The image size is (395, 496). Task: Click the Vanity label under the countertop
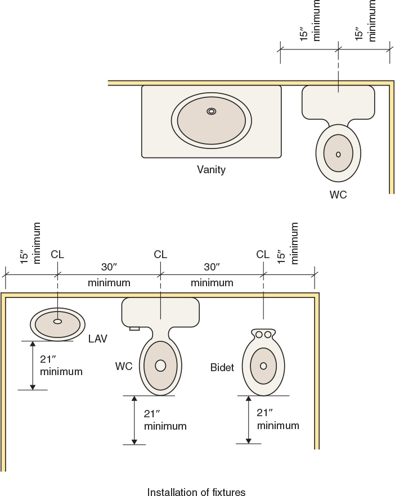(x=211, y=169)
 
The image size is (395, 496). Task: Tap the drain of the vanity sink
(x=212, y=111)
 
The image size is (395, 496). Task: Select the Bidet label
(x=222, y=368)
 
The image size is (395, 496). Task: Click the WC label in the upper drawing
(x=338, y=195)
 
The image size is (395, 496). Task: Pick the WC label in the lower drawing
(x=124, y=366)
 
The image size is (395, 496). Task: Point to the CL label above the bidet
(x=263, y=255)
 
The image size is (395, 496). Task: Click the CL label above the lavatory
(x=57, y=255)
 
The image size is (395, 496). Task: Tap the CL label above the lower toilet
(x=160, y=255)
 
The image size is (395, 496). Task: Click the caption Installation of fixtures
(x=196, y=493)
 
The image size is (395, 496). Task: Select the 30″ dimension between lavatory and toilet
(x=109, y=266)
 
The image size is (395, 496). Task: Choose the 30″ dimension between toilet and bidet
(x=212, y=266)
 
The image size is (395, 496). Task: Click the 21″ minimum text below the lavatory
(x=61, y=365)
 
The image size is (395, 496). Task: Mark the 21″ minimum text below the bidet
(x=278, y=420)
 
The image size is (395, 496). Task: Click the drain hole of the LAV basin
(x=57, y=322)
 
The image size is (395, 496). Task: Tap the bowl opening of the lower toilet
(x=160, y=366)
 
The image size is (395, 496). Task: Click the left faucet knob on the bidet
(x=259, y=335)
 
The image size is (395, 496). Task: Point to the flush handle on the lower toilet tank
(x=134, y=328)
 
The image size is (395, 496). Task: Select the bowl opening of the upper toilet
(x=338, y=154)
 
